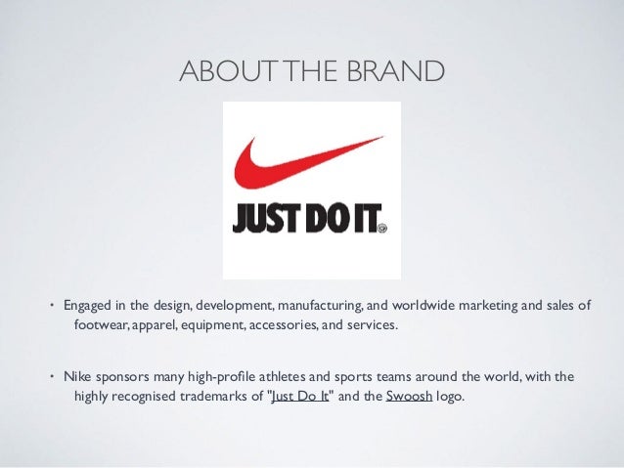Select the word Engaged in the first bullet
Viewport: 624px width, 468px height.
pos(90,306)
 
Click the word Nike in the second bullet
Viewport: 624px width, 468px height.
pos(79,376)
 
